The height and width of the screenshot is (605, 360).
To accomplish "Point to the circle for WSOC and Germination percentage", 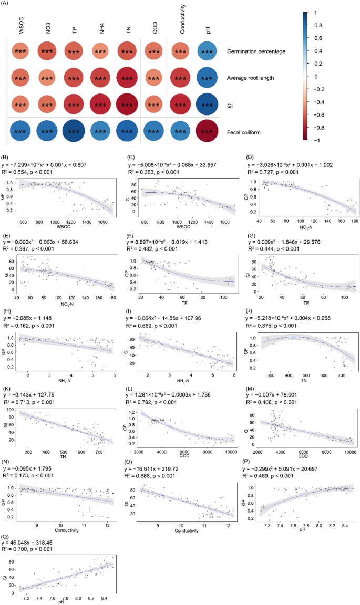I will (x=21, y=52).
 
